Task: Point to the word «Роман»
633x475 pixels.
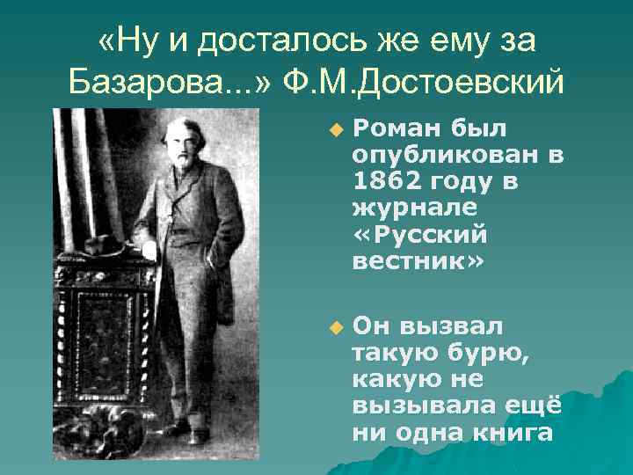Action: [396, 130]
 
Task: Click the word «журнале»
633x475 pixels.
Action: [414, 209]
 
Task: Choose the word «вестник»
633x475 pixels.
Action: [417, 262]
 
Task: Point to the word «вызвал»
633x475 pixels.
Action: [452, 328]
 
